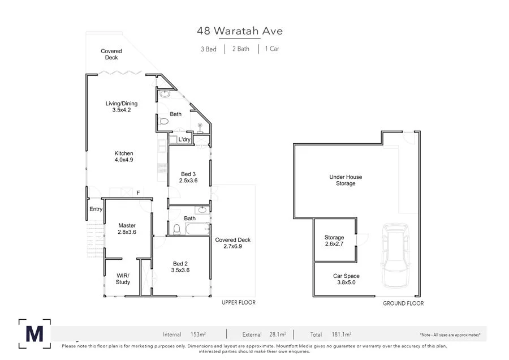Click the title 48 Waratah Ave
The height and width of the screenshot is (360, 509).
point(240,31)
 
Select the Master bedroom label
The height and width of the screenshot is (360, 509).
point(127,229)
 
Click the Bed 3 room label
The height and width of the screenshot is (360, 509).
point(189,177)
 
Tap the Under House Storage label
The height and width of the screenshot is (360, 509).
point(346,180)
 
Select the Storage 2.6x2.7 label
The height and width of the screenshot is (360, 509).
point(334,241)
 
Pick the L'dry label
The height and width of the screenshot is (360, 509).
point(184,139)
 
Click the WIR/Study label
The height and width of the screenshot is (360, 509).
point(123,278)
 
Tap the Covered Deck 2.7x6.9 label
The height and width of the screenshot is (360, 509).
point(232,243)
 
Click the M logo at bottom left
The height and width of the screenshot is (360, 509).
point(34,333)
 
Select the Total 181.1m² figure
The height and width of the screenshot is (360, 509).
point(330,335)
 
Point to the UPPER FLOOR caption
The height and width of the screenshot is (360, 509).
point(238,303)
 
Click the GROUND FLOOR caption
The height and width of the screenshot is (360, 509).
point(403,303)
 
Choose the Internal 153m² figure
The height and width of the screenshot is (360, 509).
point(183,335)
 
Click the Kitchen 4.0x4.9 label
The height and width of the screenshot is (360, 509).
point(124,156)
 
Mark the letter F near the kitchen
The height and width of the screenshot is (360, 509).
point(138,193)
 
